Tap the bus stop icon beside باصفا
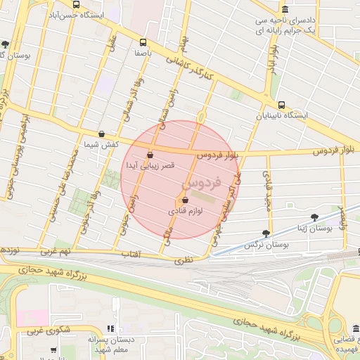click(x=143, y=42)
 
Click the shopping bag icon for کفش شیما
click(x=102, y=134)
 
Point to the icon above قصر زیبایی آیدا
click(x=150, y=155)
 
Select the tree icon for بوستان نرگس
click(x=266, y=233)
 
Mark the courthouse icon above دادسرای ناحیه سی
click(x=285, y=9)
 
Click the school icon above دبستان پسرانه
click(x=110, y=328)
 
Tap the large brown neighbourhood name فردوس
click(x=202, y=184)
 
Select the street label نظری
click(x=184, y=259)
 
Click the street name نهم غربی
click(x=56, y=250)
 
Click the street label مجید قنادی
click(x=267, y=189)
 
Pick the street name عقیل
click(x=110, y=50)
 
